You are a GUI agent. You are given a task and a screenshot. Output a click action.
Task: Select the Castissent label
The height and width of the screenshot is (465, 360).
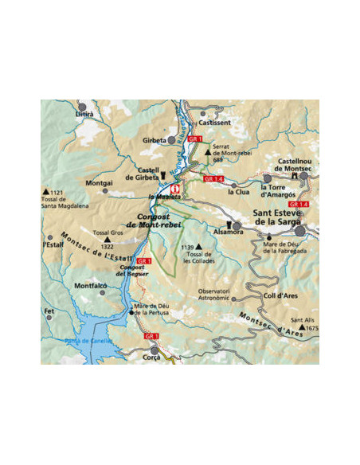(x=215, y=123)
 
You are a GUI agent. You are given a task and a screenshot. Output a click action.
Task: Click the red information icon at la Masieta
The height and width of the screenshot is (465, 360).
(x=176, y=190)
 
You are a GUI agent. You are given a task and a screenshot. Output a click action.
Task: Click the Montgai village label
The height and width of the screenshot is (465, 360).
(x=99, y=183)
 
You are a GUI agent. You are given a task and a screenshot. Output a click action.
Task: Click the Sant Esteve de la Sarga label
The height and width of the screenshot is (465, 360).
(x=284, y=217)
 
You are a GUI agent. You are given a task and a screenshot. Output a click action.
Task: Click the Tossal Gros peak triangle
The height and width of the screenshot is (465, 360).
(x=104, y=239)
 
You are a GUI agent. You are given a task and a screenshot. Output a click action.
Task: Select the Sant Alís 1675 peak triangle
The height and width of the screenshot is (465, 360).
(x=301, y=327)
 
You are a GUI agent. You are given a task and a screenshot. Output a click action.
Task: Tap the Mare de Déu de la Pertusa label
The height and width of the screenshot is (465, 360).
(x=151, y=309)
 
